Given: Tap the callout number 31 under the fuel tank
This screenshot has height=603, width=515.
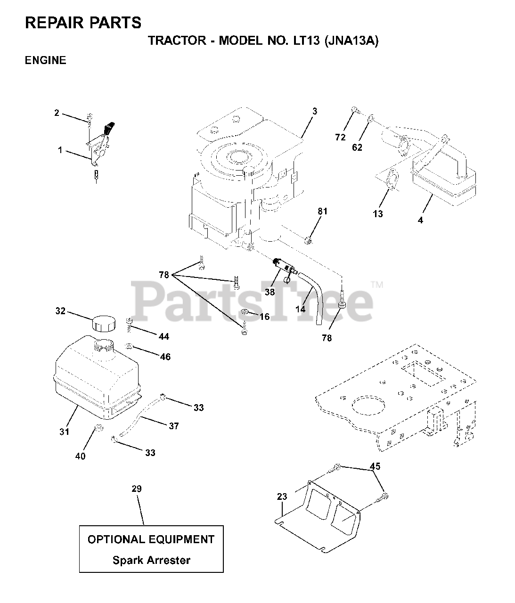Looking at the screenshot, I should (65, 431).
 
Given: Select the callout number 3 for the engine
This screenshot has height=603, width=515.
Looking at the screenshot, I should (315, 111).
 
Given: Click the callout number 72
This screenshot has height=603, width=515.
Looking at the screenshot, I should (340, 137).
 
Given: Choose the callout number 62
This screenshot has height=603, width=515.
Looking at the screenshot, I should (357, 147).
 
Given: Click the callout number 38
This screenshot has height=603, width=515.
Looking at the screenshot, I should (270, 292).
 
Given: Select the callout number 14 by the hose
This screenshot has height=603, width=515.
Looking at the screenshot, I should (300, 309).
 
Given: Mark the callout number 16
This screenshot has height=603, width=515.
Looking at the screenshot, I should (265, 317).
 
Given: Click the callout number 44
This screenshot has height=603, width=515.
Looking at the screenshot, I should (164, 336).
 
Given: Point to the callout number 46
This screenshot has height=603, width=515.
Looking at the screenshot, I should (165, 357).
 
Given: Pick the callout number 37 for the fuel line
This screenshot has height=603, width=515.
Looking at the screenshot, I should (174, 426).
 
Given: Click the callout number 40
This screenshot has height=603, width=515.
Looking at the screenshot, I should (81, 456).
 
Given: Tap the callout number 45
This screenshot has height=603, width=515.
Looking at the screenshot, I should (375, 466).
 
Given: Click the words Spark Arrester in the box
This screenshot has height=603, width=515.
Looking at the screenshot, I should (151, 560).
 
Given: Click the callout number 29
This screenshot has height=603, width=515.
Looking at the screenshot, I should (136, 489).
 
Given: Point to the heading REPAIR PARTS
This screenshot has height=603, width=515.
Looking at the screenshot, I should (83, 22).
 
